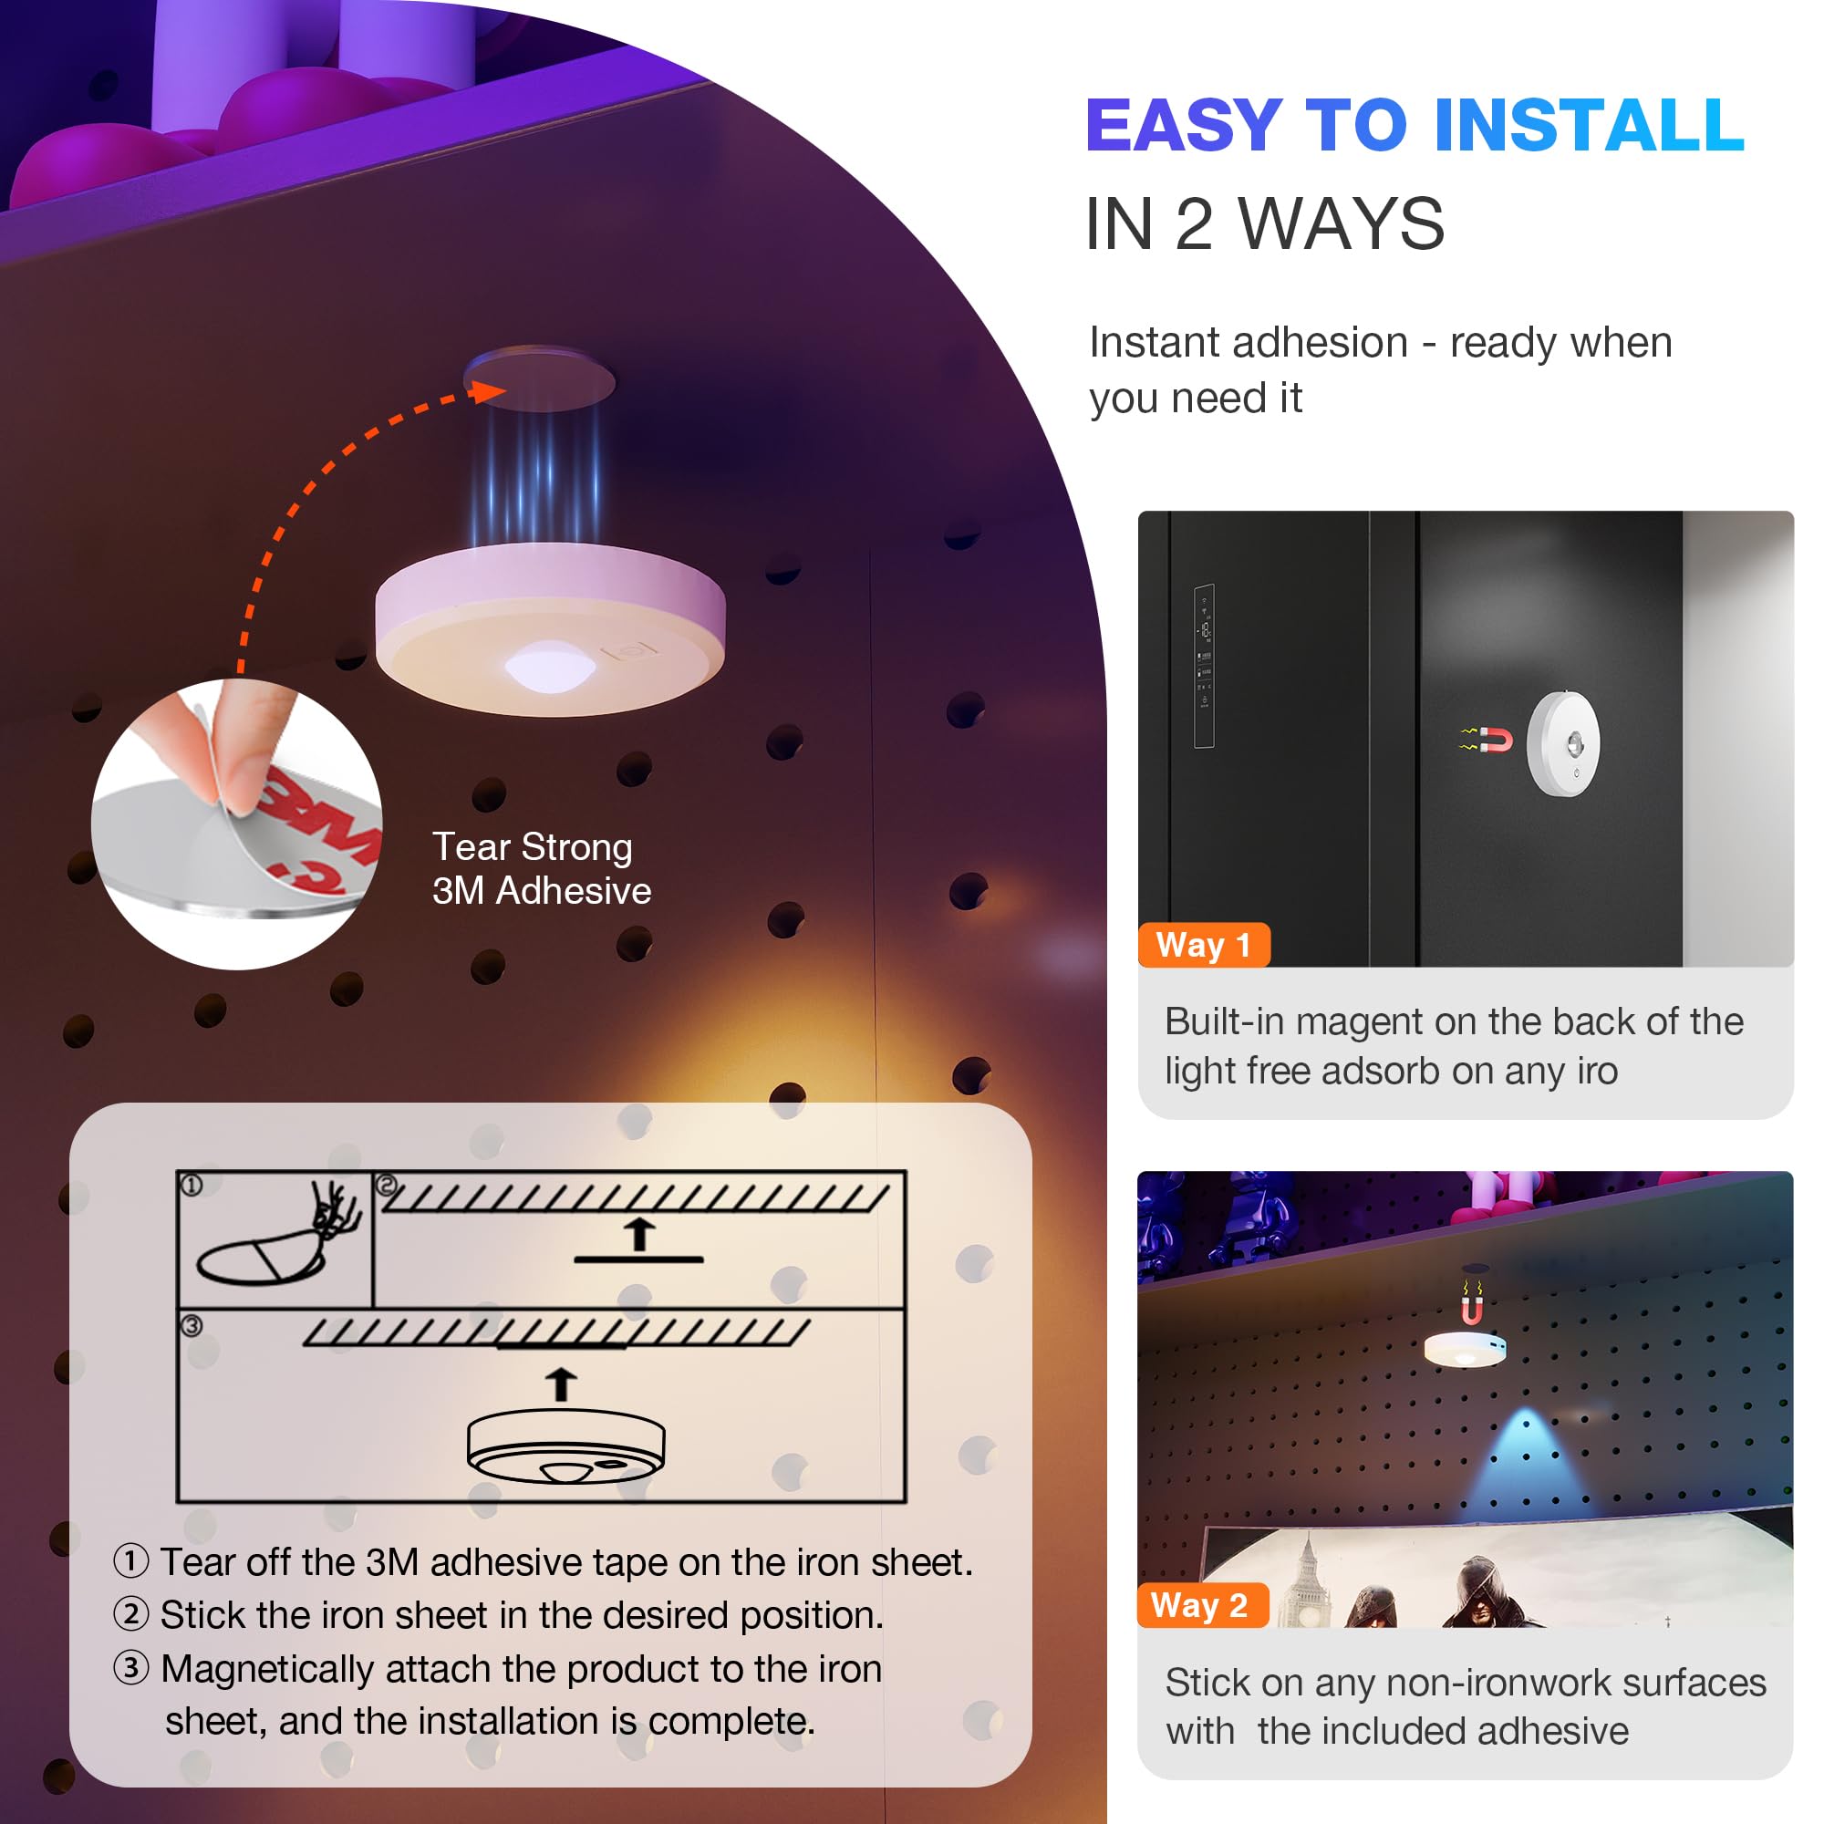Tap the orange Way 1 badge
pos(1204,945)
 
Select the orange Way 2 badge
pos(1202,1606)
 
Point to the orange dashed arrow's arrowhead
pos(489,391)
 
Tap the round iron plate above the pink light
pos(539,378)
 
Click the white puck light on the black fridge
pos(1563,743)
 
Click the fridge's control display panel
pos(1204,667)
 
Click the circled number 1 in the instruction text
pos(131,1560)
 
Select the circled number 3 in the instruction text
pos(131,1667)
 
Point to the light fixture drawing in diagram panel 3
pos(566,1446)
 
